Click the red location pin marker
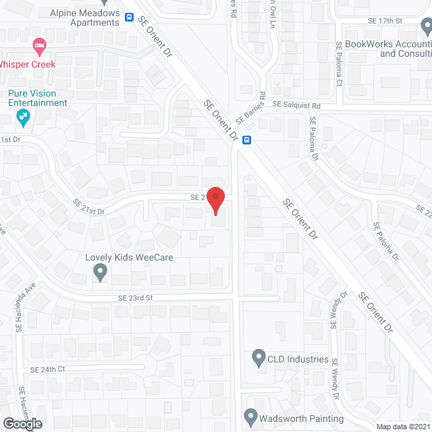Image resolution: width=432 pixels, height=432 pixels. point(215,200)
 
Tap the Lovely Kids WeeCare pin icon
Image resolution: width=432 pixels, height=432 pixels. point(100,273)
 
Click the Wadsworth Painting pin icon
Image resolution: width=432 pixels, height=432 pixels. point(250,416)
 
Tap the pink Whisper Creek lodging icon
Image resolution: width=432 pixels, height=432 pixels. point(39,47)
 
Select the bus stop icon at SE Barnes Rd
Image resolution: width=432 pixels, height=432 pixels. point(248,140)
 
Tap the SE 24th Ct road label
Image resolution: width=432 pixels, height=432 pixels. point(47,370)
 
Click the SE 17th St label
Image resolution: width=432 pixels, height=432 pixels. point(385,21)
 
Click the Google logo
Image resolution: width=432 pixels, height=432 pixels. point(22,423)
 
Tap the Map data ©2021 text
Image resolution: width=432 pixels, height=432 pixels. point(402,427)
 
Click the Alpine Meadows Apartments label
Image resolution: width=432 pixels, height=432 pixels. point(85,18)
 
